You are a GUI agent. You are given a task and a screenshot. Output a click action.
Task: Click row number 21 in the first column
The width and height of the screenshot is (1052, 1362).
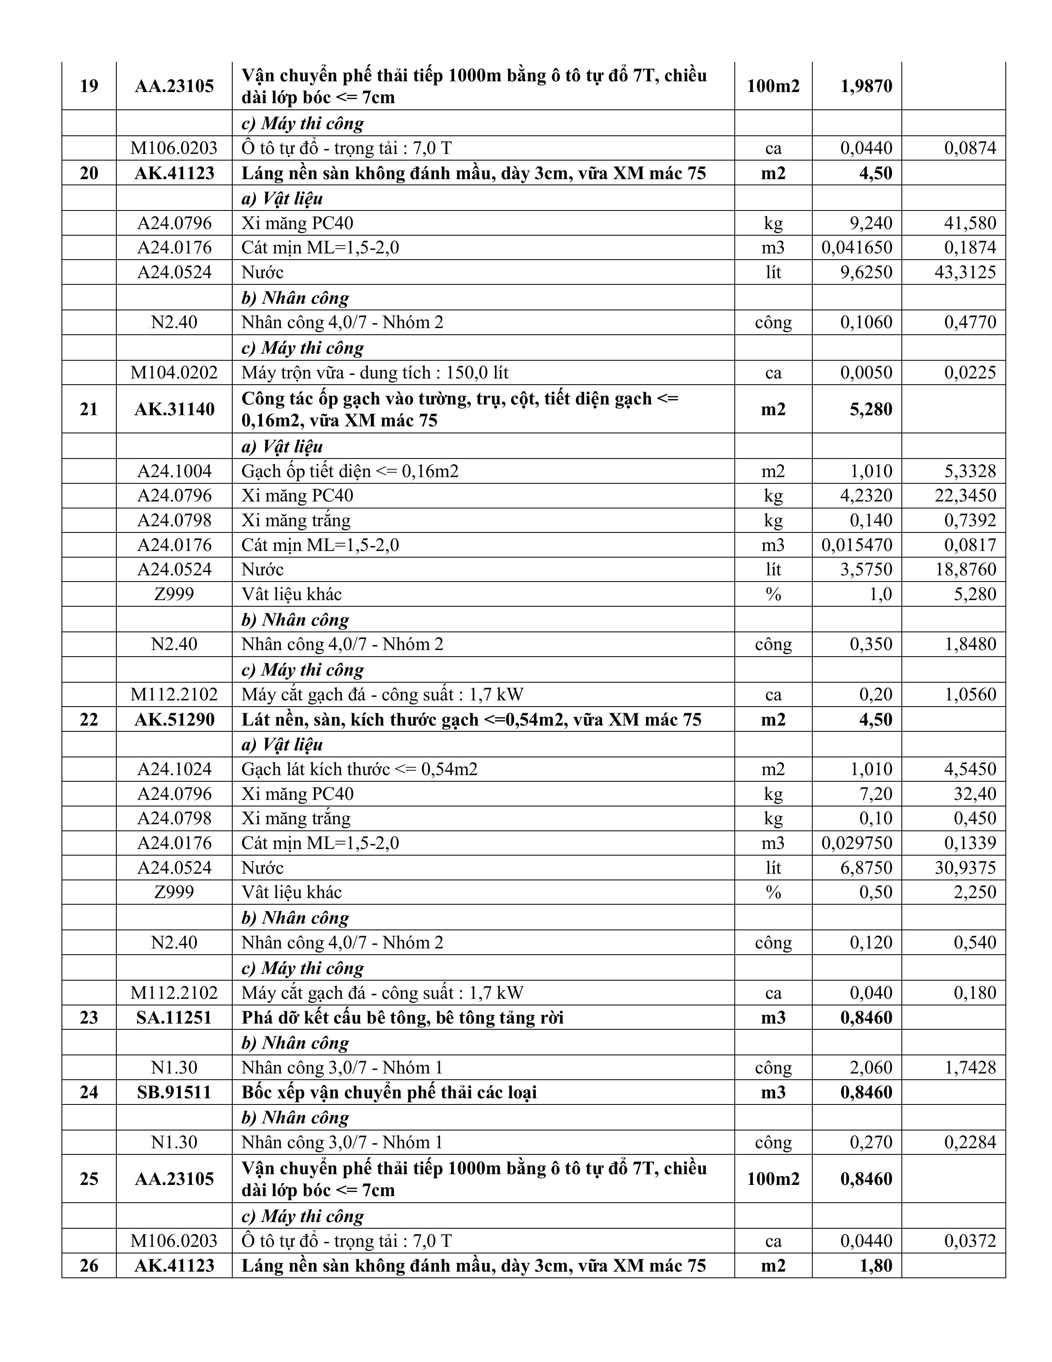click(89, 409)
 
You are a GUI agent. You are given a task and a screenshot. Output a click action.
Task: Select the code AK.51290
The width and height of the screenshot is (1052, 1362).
click(175, 720)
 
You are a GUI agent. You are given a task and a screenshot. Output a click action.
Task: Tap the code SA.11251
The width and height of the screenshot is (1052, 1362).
click(175, 1018)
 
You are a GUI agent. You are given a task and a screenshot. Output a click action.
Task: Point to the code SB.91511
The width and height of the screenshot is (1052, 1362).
click(175, 1092)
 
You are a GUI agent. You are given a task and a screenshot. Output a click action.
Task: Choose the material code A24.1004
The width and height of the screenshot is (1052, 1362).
click(175, 471)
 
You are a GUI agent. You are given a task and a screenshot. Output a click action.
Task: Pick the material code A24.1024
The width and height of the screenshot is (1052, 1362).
click(175, 769)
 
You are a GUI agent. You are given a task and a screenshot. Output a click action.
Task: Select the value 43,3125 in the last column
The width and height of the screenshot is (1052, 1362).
click(965, 272)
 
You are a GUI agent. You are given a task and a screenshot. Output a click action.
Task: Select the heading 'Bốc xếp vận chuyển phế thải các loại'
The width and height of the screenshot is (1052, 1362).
click(389, 1092)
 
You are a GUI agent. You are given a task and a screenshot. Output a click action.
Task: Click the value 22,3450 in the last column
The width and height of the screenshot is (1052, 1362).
click(965, 496)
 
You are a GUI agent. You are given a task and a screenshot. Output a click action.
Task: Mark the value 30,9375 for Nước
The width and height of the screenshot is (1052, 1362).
click(965, 868)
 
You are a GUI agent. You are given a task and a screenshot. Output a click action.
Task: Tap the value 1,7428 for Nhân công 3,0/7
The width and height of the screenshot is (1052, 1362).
click(970, 1068)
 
